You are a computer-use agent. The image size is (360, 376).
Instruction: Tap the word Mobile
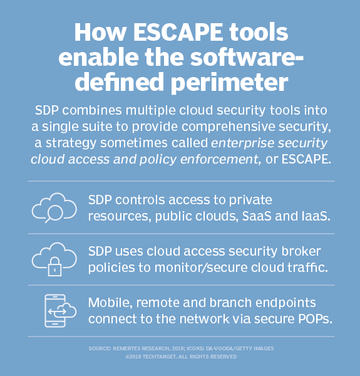click(107, 304)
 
